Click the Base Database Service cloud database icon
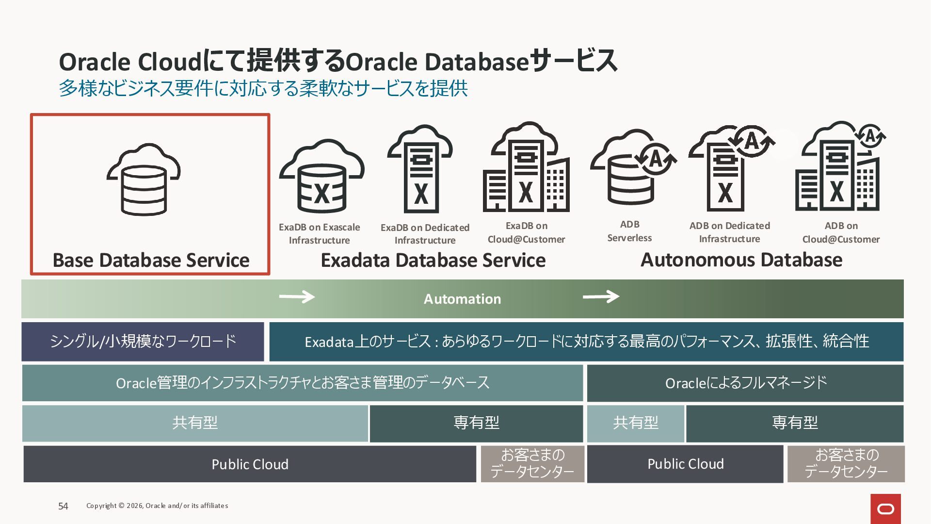[x=144, y=180]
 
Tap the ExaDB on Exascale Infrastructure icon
[x=321, y=177]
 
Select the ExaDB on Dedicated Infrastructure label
[x=425, y=234]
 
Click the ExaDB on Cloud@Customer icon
[x=526, y=168]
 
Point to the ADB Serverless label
[x=629, y=231]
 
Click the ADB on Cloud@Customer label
[x=841, y=232]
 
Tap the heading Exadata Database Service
[x=433, y=261]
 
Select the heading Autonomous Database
[x=741, y=260]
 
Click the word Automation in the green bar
[x=462, y=299]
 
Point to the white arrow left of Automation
[x=297, y=296]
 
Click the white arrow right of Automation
[x=601, y=296]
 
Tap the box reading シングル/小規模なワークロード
[x=143, y=342]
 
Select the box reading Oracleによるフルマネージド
[x=745, y=383]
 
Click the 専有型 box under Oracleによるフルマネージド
[x=795, y=423]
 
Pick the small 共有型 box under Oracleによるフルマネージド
[x=635, y=423]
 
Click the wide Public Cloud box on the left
[x=250, y=464]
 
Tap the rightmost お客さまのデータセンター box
[x=846, y=464]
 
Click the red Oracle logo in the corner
[x=885, y=509]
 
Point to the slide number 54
[x=63, y=506]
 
